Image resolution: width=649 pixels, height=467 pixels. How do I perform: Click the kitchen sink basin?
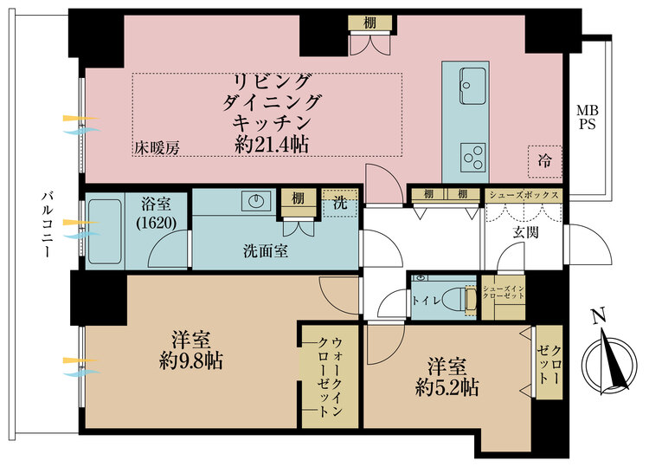point(472,86)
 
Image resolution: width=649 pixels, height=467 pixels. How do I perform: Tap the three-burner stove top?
point(473,158)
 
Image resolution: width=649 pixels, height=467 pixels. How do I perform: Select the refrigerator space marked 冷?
point(544,161)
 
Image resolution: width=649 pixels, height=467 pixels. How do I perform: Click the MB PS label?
point(588,117)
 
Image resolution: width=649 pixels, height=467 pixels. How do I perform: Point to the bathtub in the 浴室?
point(105,232)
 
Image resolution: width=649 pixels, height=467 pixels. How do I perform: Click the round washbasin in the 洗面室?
point(256,201)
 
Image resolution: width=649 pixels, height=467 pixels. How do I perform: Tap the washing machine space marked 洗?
point(340,203)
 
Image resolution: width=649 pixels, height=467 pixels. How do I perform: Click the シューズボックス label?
point(524,195)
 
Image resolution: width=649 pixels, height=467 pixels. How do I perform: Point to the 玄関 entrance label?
point(525,232)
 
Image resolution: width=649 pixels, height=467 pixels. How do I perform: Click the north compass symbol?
point(609,363)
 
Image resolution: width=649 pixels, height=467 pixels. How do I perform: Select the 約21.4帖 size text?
point(271,145)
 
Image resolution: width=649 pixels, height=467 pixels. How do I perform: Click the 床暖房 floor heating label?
point(157,148)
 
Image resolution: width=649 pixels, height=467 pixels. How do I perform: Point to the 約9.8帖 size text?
point(191,361)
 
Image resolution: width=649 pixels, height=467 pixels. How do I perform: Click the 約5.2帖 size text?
point(447,388)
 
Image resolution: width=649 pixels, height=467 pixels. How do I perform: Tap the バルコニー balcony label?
point(47,224)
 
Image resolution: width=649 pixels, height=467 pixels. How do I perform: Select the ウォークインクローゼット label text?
point(331,376)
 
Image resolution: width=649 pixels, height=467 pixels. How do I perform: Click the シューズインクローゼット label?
point(504,292)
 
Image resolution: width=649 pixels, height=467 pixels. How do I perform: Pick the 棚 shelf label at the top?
point(369,23)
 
